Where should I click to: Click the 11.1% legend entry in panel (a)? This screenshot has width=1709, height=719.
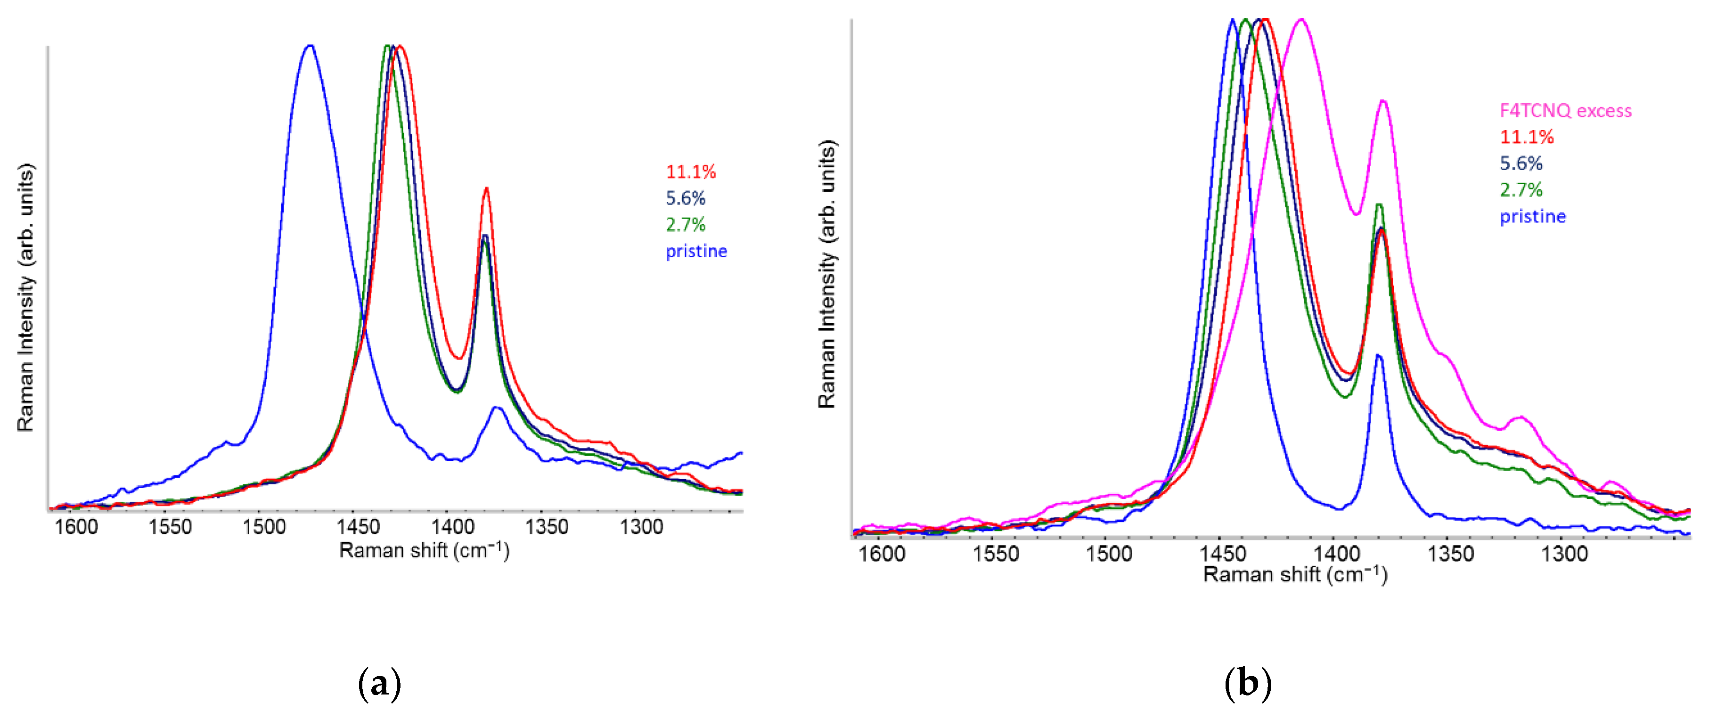[x=691, y=172]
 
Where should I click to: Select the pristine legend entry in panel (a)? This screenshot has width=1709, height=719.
[x=696, y=252]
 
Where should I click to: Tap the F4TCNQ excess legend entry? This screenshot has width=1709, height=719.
[x=1565, y=111]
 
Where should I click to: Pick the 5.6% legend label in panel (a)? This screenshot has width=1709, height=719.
[x=685, y=198]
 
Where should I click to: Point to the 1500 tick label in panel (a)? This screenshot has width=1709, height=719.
[x=263, y=527]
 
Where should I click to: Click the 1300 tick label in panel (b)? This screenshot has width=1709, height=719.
[x=1564, y=553]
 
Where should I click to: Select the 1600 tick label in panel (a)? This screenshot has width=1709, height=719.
[x=76, y=527]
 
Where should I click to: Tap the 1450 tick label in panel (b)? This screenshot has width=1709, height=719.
[x=1223, y=553]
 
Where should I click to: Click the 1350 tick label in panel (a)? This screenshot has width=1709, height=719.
[x=547, y=527]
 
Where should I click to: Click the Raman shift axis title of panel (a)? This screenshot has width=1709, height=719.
[x=424, y=550]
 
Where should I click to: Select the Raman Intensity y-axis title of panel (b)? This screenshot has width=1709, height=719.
[x=826, y=274]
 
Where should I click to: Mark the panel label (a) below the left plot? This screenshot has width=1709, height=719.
[x=379, y=683]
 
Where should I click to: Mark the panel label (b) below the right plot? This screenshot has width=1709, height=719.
[x=1247, y=683]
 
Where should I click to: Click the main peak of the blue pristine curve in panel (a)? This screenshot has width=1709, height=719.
[x=309, y=47]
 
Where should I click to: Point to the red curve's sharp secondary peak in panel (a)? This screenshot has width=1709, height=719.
[x=486, y=189]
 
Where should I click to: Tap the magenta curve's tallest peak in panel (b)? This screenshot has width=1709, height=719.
[x=1300, y=20]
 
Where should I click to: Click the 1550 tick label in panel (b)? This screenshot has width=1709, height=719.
[x=995, y=553]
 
